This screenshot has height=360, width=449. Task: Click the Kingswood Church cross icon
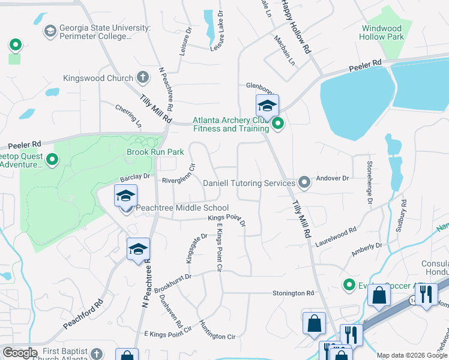tap(142, 77)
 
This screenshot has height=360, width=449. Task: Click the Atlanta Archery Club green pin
tap(277, 125)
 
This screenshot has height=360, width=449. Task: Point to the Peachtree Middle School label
tap(182, 208)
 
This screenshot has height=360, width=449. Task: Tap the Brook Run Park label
tap(155, 152)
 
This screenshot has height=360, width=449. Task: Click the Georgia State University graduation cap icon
tap(50, 30)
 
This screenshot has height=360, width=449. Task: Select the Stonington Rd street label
tap(294, 293)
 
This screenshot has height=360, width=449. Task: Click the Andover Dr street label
tap(337, 178)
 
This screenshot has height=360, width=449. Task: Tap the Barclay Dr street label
tap(134, 177)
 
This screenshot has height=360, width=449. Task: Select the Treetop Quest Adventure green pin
tap(52, 160)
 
